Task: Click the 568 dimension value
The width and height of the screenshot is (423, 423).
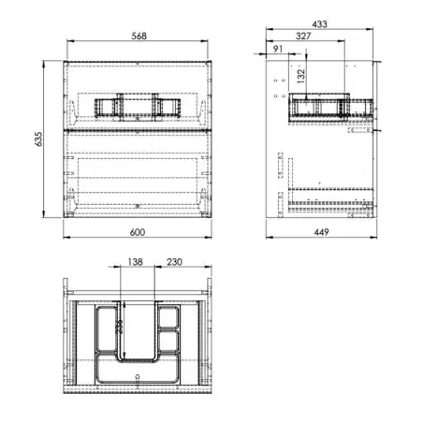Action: point(139,36)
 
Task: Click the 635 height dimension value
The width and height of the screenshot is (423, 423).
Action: point(38,139)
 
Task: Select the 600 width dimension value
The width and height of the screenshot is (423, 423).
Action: point(138,232)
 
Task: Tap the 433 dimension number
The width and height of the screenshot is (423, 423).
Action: point(319,24)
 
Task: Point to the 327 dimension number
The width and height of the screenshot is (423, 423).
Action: point(303,36)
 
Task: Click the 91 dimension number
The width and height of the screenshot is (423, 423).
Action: point(278,49)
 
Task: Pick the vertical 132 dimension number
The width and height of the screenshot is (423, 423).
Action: point(300,76)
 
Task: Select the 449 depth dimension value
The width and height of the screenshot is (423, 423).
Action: point(321,232)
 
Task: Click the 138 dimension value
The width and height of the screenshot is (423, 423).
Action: point(136,262)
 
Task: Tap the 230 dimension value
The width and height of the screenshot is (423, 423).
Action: point(174,262)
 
